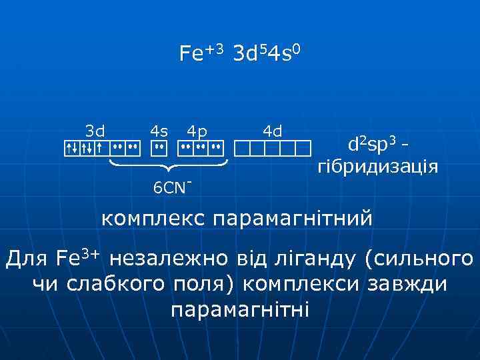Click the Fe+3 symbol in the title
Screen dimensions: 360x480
[202, 53]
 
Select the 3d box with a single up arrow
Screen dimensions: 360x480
[99, 147]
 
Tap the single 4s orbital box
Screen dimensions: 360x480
[159, 147]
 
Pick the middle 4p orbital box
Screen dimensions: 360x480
[201, 147]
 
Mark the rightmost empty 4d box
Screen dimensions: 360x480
[304, 147]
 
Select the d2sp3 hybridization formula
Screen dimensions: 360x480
[373, 143]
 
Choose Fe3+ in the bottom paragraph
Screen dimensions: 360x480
[78, 258]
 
